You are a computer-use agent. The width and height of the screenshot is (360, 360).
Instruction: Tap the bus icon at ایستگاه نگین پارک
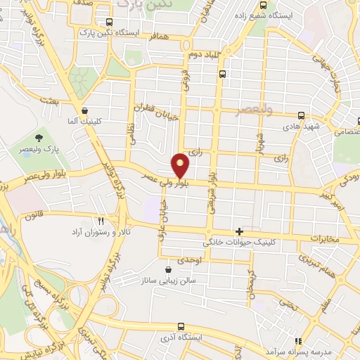108,22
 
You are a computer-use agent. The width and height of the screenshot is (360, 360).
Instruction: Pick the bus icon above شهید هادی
301,116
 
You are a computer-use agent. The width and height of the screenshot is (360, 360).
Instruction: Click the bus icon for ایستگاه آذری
181,326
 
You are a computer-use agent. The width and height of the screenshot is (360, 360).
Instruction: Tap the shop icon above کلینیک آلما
85,110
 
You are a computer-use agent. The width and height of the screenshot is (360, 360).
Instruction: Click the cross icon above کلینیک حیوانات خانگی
239,231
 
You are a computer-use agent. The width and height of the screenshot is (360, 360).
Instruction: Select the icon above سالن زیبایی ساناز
167,269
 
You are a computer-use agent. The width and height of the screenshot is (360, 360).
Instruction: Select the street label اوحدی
189,260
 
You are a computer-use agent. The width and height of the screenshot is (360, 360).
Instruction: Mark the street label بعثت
70,103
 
